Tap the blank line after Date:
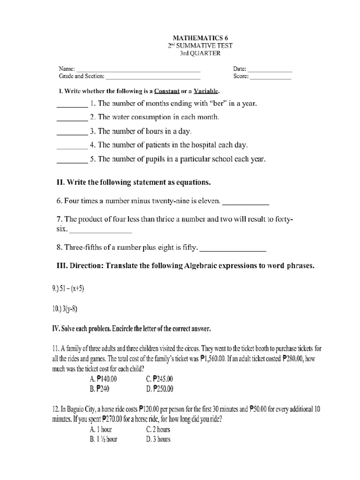pyautogui.click(x=272, y=71)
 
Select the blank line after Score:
pyautogui.click(x=271, y=78)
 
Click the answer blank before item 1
pyautogui.click(x=72, y=106)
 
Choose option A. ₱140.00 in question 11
pyautogui.click(x=104, y=379)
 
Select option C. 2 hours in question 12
pyautogui.click(x=158, y=429)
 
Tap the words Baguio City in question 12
pyautogui.click(x=75, y=409)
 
